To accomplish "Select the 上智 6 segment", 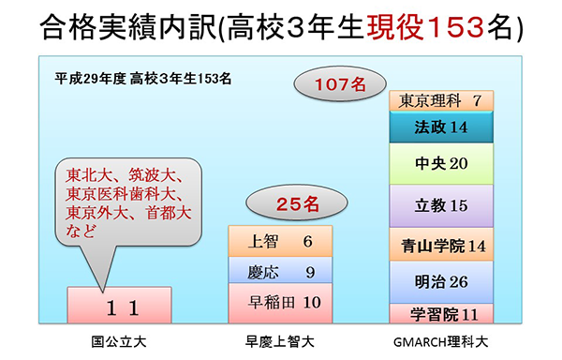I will pos(280,241).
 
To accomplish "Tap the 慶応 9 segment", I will pos(280,272).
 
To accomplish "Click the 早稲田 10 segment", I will pos(280,304).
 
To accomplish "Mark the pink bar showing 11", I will pos(119,307).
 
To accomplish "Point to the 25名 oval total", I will pos(284,201).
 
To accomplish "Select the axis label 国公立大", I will pos(118,342).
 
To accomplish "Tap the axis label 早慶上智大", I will pos(280,342).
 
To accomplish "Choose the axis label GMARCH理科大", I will pos(440,342).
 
